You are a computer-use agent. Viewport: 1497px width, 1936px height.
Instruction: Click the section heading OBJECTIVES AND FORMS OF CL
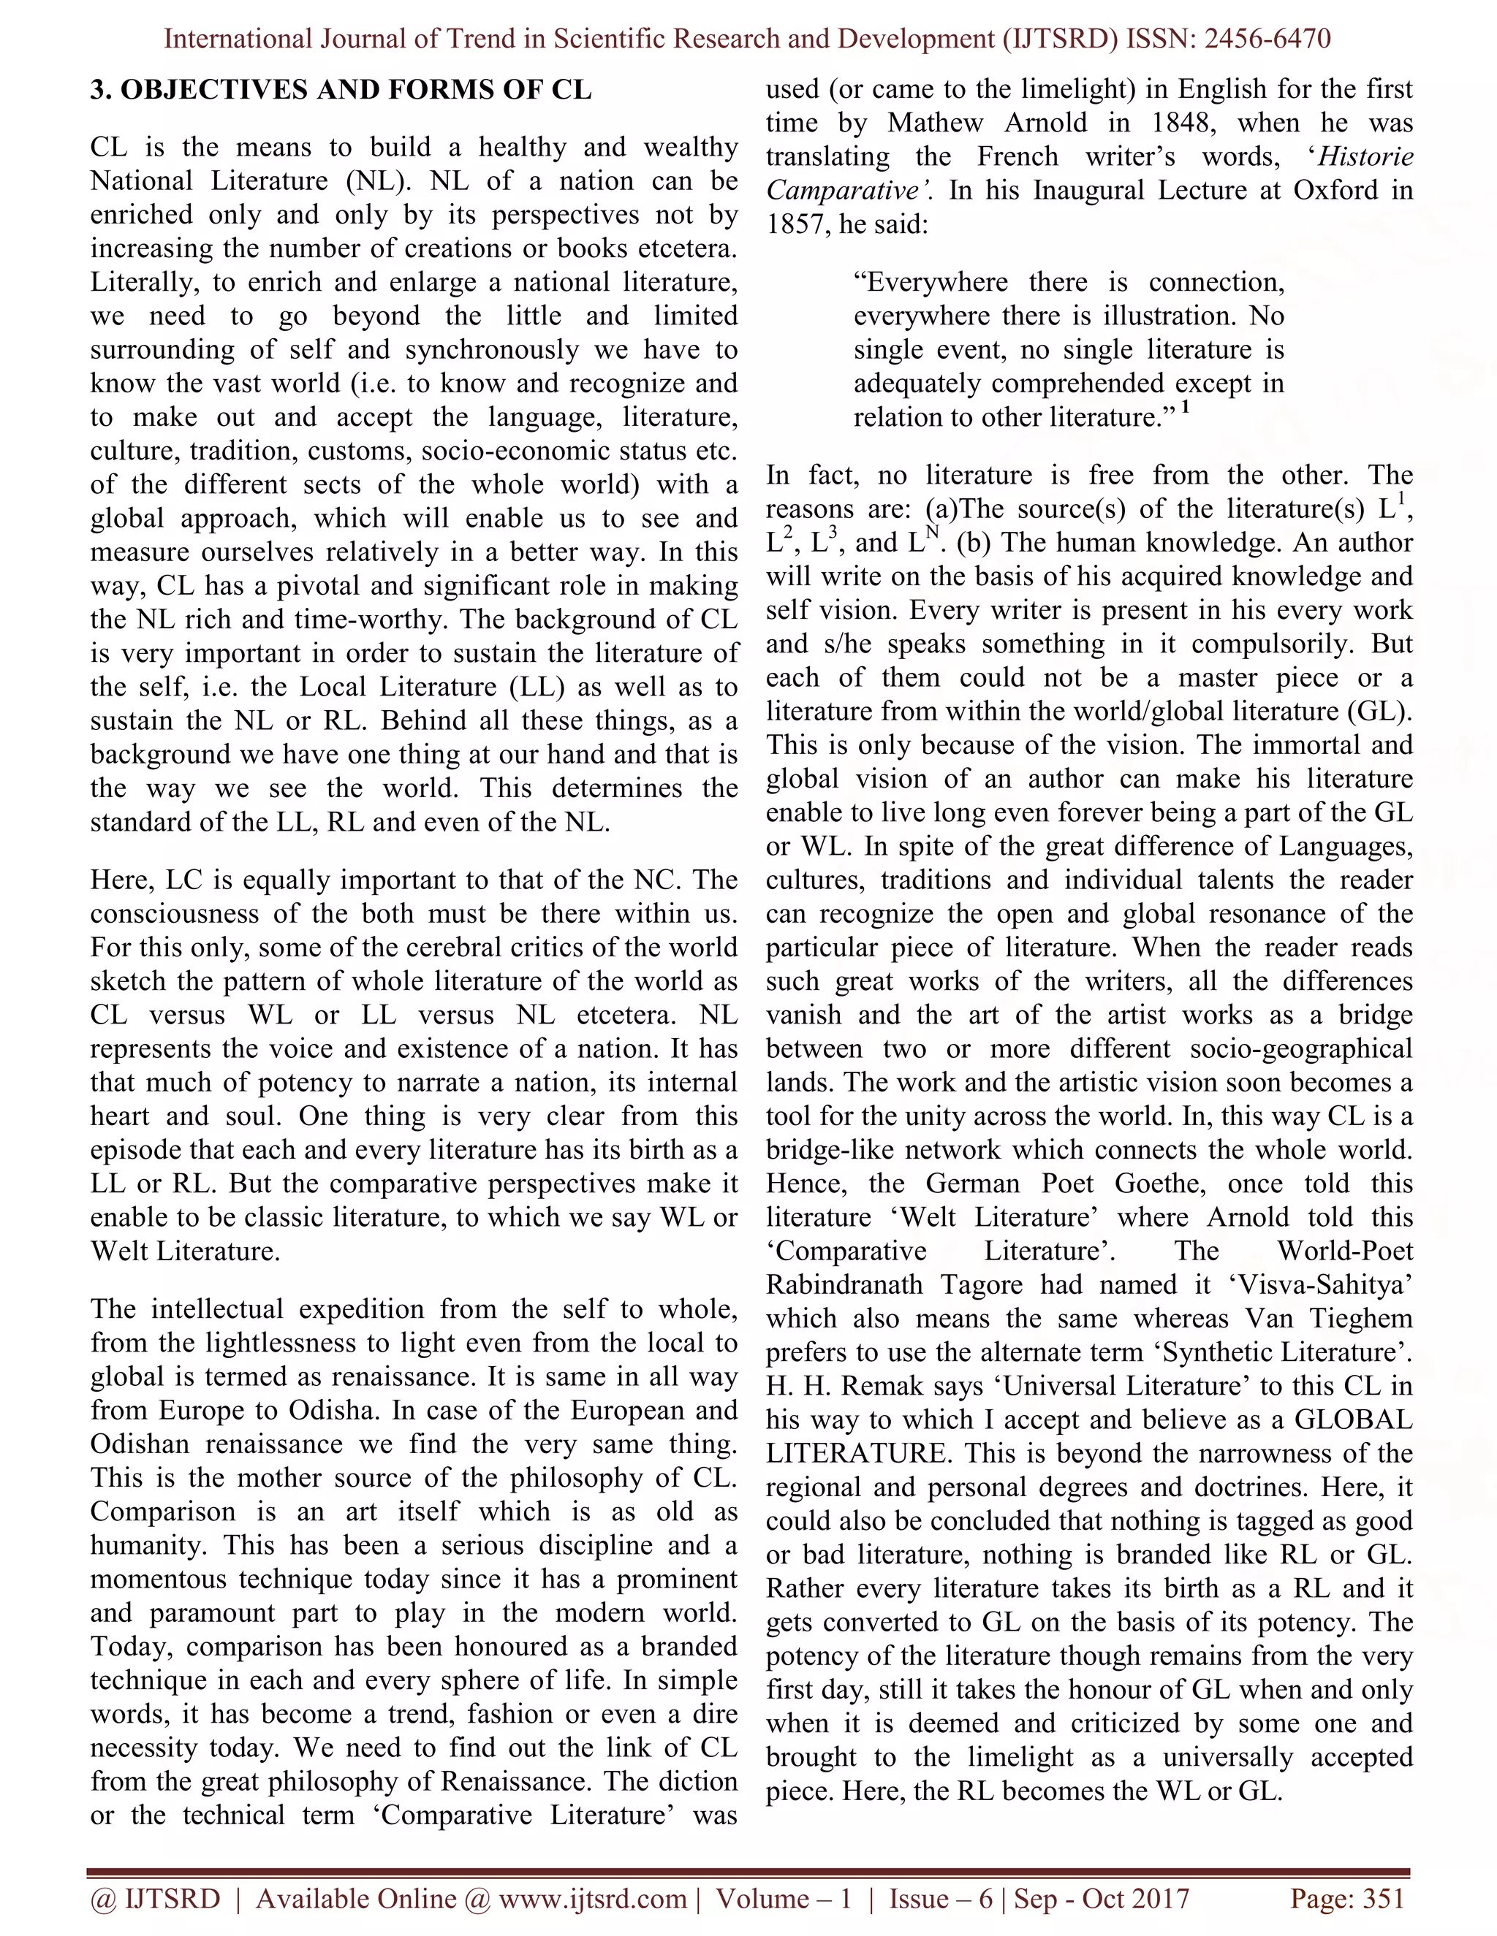click(x=355, y=91)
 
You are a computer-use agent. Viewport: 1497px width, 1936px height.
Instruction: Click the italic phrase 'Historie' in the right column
click(x=1365, y=157)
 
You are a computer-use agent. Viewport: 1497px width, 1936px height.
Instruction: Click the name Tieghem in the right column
click(x=1363, y=1319)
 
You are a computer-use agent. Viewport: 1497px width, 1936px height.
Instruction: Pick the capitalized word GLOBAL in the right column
click(x=1353, y=1420)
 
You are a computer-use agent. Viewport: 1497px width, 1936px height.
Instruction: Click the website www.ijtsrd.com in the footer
click(x=592, y=1899)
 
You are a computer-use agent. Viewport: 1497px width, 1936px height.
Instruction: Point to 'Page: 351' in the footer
click(x=1347, y=1899)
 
